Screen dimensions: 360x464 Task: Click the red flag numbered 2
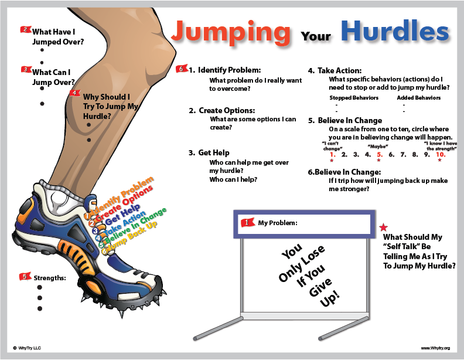coord(25,29)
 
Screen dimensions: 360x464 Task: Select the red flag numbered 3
coord(25,70)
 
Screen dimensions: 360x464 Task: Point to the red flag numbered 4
coord(75,93)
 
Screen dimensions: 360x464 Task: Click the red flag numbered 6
coord(182,70)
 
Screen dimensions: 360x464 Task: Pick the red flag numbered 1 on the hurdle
coord(248,223)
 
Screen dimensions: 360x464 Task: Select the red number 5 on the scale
coord(379,155)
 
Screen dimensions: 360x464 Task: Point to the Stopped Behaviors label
coord(354,97)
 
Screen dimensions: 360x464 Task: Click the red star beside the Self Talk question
coord(384,227)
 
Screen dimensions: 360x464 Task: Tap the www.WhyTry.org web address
coord(435,348)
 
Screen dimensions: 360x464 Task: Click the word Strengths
coord(49,278)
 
